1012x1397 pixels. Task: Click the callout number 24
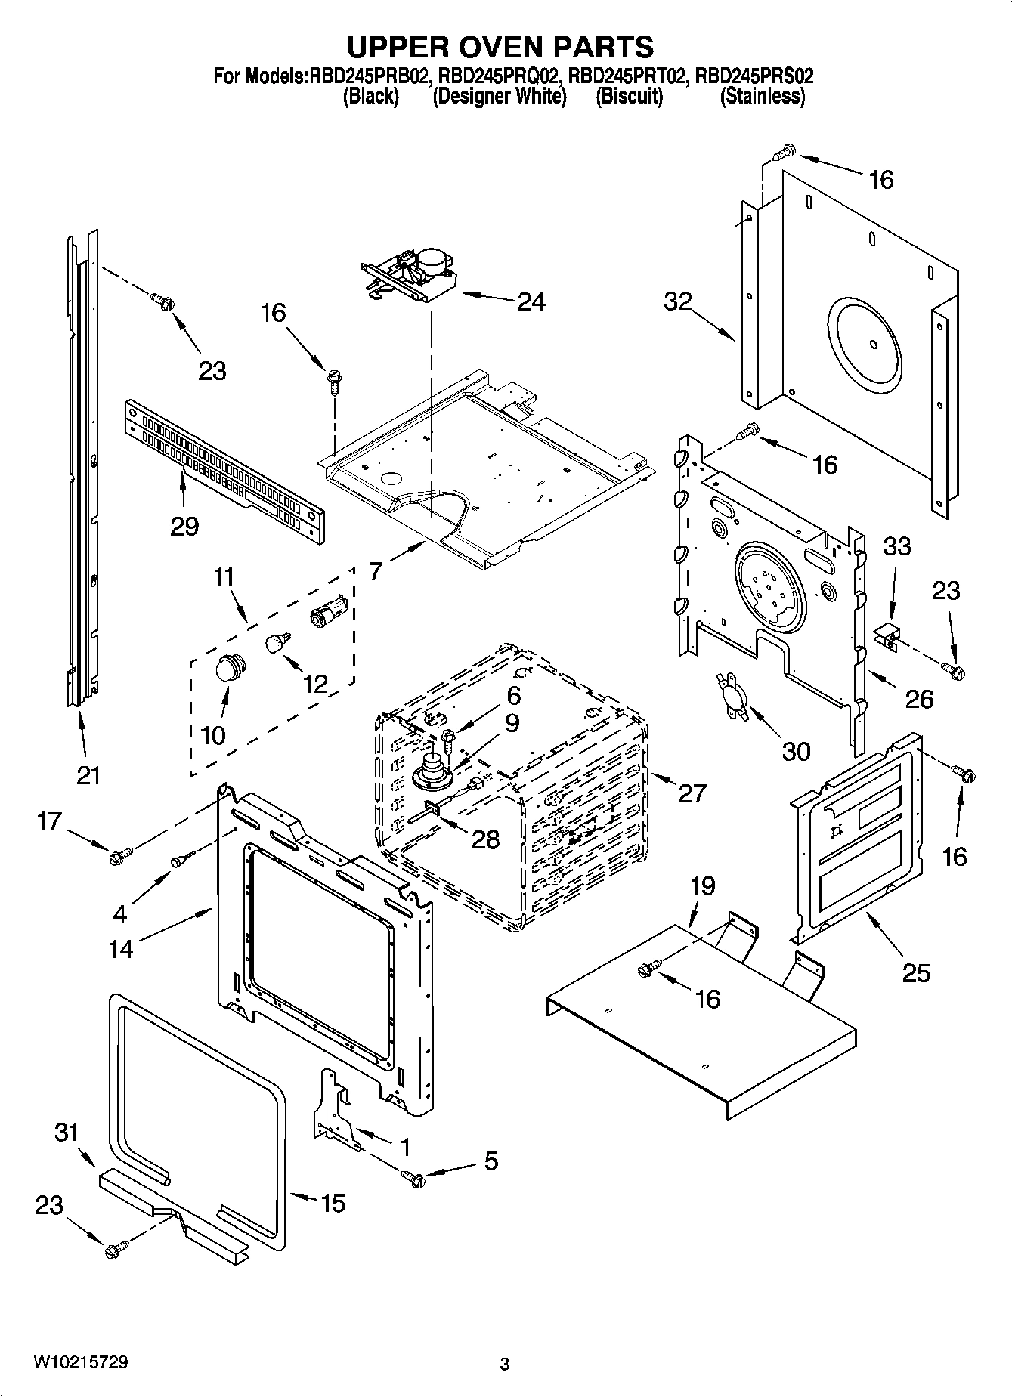[531, 301]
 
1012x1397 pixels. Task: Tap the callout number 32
[677, 301]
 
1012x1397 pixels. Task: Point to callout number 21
[88, 775]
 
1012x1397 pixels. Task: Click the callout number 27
[692, 793]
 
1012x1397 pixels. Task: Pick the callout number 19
[702, 885]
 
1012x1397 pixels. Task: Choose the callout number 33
[897, 546]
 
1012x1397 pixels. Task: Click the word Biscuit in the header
[629, 97]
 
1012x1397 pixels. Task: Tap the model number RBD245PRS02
[754, 76]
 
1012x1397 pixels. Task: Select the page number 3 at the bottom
[505, 1365]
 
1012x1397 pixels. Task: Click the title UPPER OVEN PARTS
[500, 47]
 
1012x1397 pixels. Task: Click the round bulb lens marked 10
[227, 668]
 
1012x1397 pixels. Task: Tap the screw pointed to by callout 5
[413, 1177]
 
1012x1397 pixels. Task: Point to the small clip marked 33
[889, 639]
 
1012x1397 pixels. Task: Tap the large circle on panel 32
[865, 345]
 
